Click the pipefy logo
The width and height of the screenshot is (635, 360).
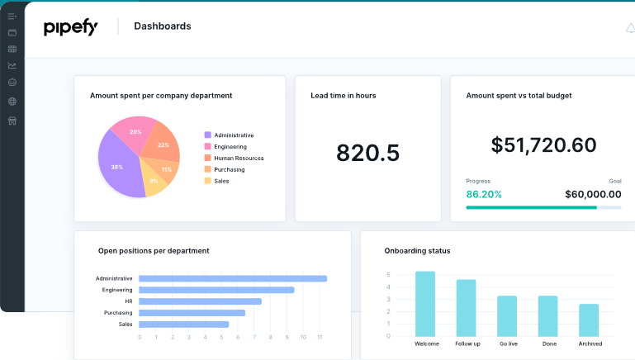coord(71,27)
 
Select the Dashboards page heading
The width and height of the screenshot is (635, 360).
coord(162,26)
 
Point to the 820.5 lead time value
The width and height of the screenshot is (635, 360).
coord(367,153)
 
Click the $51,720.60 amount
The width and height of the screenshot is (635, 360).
coord(543,145)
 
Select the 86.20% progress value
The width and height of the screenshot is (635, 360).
coord(484,195)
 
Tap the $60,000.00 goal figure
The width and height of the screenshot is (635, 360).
coord(593,195)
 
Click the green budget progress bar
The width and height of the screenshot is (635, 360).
coord(531,207)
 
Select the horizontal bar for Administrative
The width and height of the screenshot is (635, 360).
coord(233,278)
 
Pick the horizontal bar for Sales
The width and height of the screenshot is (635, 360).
coord(183,324)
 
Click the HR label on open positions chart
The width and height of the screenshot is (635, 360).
coord(128,301)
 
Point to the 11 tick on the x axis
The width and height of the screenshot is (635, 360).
coord(320,337)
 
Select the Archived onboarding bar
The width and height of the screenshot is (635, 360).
coord(589,320)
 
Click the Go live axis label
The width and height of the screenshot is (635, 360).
coord(507,343)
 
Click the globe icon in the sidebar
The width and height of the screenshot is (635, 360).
coord(12,102)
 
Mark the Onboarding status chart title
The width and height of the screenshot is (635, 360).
coord(417,251)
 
